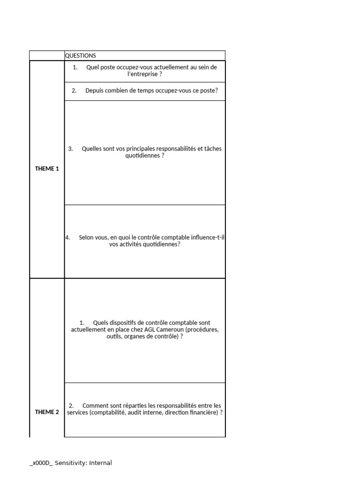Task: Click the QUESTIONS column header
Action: pyautogui.click(x=80, y=56)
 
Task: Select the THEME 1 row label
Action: pyautogui.click(x=47, y=169)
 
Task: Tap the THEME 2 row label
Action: pyautogui.click(x=47, y=412)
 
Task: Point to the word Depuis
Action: pyautogui.click(x=94, y=91)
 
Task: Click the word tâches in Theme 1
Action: pyautogui.click(x=212, y=149)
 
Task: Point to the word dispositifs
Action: pyautogui.click(x=123, y=323)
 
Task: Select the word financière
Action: pyautogui.click(x=203, y=413)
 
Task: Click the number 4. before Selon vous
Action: pyautogui.click(x=67, y=238)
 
